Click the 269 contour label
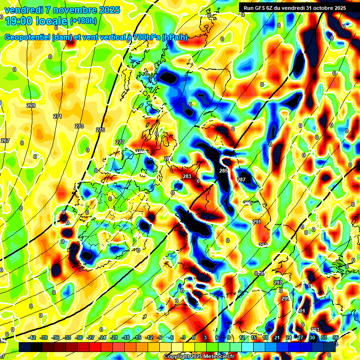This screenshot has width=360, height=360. click(31, 105)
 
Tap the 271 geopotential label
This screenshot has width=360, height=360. click(58, 116)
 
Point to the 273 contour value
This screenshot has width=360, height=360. click(79, 126)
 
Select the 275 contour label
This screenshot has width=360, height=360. click(100, 130)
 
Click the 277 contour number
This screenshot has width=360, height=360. click(120, 142)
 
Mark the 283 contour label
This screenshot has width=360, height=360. click(187, 176)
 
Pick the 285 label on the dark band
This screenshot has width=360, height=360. click(224, 171)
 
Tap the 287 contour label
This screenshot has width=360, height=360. click(241, 180)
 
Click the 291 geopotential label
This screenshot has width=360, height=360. click(257, 222)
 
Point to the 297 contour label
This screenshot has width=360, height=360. click(278, 283)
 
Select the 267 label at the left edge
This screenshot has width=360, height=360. click(5, 141)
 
